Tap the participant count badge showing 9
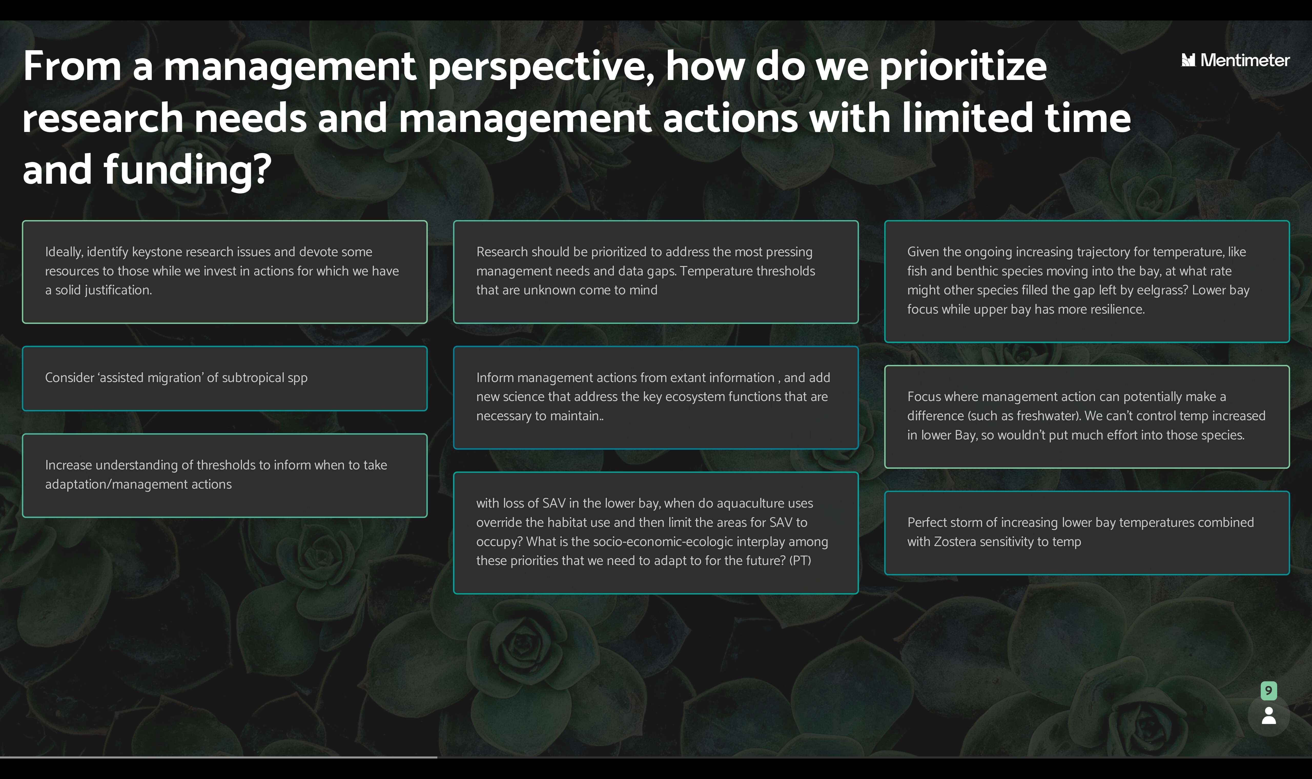(x=1268, y=690)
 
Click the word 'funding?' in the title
(x=187, y=171)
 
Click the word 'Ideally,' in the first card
(x=64, y=252)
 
